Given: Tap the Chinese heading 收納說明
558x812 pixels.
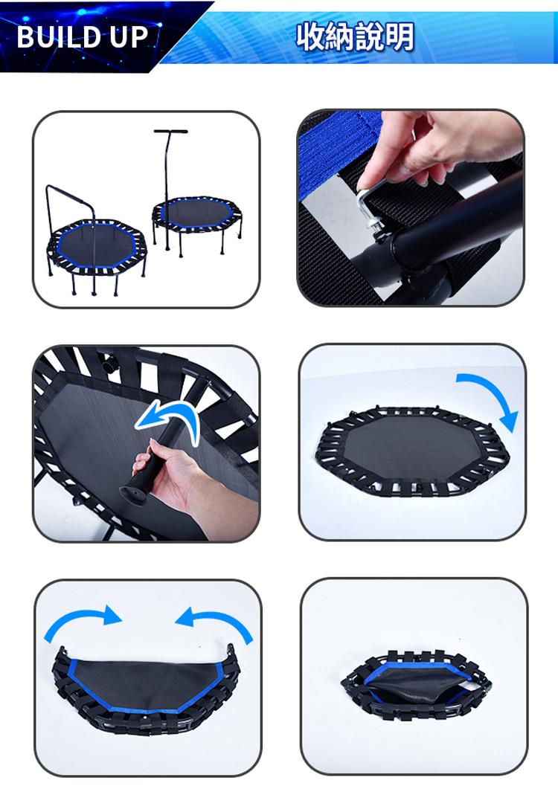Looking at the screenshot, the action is point(355,36).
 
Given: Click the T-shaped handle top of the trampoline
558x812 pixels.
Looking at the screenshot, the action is point(170,131).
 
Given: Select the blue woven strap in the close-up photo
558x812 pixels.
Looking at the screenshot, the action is point(337,150).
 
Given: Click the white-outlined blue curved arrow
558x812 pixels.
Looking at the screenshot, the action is point(168,419).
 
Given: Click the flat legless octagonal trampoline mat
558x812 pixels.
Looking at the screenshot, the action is point(413,451).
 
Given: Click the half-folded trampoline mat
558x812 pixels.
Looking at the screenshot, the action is point(147,689).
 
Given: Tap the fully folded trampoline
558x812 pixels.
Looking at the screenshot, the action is point(415,683).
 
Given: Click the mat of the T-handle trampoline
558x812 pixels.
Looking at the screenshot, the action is point(196,213).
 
